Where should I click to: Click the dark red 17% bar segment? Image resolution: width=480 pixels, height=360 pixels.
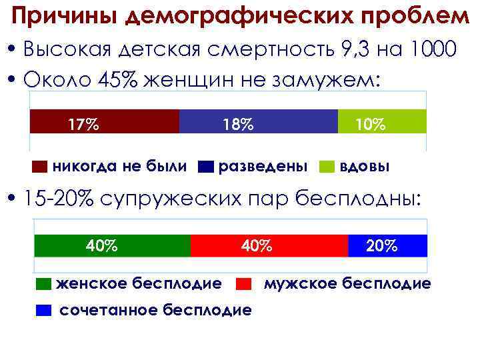pos(105,123)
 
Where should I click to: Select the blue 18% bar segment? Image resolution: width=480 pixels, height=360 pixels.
pos(259,123)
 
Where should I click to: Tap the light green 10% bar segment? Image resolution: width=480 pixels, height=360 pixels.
pos(381,123)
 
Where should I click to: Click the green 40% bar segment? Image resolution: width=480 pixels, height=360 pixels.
pos(112,245)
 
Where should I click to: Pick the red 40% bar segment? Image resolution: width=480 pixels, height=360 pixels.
pos(269,245)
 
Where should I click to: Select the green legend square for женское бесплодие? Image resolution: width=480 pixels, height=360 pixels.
pos(43,285)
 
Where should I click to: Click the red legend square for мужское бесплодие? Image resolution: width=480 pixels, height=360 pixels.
pos(245,285)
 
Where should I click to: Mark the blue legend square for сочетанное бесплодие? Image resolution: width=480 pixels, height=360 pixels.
pos(43,310)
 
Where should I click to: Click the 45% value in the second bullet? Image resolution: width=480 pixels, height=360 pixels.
pos(117,79)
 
